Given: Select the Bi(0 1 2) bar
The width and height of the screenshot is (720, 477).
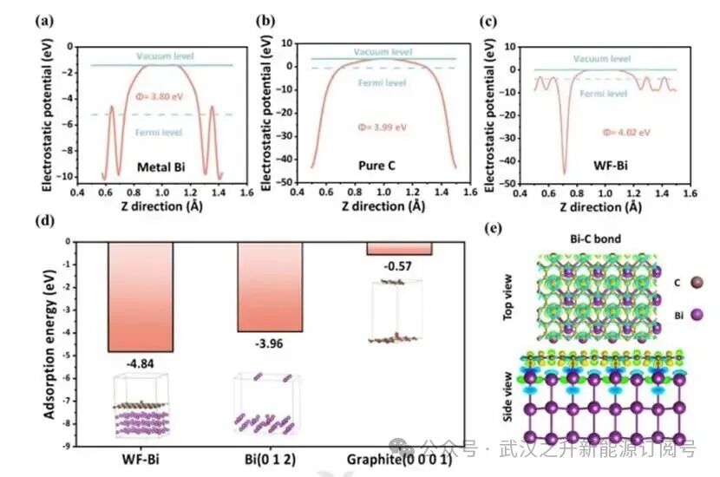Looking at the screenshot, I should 270,287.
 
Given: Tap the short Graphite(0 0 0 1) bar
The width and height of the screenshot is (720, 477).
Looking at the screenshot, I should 400,249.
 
